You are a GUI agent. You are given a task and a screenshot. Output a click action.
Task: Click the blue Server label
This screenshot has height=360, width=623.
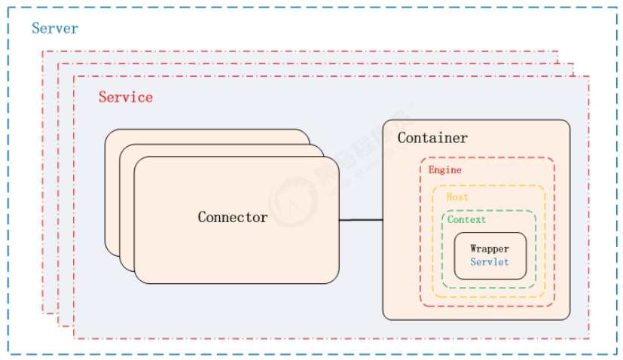coord(54,29)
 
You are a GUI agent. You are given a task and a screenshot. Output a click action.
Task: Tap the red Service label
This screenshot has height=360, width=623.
coord(125,97)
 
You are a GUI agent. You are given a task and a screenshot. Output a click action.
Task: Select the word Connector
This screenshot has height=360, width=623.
coord(232,217)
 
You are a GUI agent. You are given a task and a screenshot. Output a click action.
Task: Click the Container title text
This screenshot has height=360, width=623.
coord(432,138)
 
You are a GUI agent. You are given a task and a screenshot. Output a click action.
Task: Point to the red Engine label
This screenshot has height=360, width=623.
coord(444,170)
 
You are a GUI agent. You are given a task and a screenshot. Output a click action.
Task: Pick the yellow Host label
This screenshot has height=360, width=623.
coord(457,197)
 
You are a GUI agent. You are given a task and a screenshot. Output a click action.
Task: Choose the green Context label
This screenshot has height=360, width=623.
coord(466,220)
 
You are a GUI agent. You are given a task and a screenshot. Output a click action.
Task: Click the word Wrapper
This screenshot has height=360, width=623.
coord(489,249)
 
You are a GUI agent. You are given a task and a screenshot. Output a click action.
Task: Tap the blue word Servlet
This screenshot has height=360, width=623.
coord(489,262)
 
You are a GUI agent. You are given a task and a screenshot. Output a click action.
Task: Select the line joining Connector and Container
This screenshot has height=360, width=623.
coord(361,220)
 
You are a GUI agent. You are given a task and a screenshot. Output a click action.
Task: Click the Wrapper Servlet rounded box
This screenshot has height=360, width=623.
coord(490,255)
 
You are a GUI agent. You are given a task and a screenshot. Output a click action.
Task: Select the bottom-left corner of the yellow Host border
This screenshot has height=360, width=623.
coord(433,296)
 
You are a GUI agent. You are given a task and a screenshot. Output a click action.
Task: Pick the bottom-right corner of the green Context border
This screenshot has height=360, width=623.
coord(535,287)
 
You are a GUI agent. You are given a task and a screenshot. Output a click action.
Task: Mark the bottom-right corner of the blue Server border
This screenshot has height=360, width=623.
coord(615,353)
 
